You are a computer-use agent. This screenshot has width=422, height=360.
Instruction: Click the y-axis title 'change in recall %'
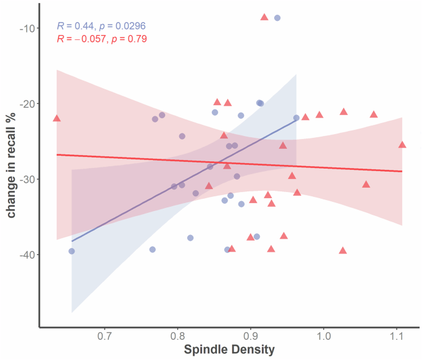click(12, 166)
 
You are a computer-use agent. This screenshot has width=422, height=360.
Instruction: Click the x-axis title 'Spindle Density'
click(229, 350)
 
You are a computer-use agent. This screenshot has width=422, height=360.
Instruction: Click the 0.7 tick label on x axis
click(104, 336)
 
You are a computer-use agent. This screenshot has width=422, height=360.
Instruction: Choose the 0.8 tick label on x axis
click(177, 336)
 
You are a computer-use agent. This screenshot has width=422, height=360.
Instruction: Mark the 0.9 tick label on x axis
click(250, 336)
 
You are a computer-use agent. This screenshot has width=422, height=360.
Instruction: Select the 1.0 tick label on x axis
click(323, 336)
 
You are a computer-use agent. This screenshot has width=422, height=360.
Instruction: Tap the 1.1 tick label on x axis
click(397, 336)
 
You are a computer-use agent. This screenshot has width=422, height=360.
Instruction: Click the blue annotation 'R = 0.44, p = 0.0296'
click(101, 26)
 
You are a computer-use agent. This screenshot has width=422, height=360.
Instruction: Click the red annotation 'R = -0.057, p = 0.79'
click(102, 39)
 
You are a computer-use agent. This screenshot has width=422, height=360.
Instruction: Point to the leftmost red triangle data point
click(57, 118)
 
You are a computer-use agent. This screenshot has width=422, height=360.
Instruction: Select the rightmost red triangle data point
click(402, 145)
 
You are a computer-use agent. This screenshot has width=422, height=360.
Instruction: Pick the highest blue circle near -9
click(277, 18)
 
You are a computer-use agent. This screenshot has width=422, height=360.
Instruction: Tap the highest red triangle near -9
click(264, 17)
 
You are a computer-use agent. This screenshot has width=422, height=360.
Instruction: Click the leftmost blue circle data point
click(71, 251)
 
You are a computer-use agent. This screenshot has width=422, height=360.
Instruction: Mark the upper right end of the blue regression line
click(296, 119)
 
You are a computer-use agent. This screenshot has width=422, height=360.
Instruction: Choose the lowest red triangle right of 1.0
click(343, 250)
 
